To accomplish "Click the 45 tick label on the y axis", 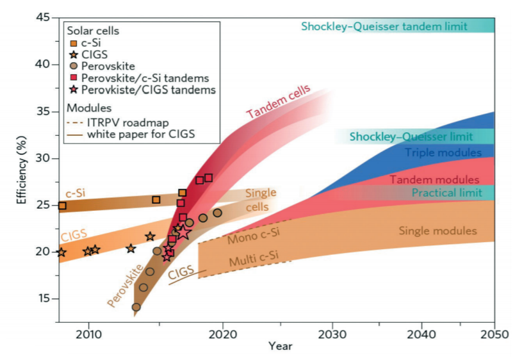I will [x=42, y=17].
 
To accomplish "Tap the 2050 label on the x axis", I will [x=494, y=334].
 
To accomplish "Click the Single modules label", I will [x=437, y=231].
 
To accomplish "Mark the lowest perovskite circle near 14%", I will [x=136, y=307].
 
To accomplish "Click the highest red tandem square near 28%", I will [x=208, y=177].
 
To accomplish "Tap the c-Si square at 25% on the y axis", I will [x=62, y=206].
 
